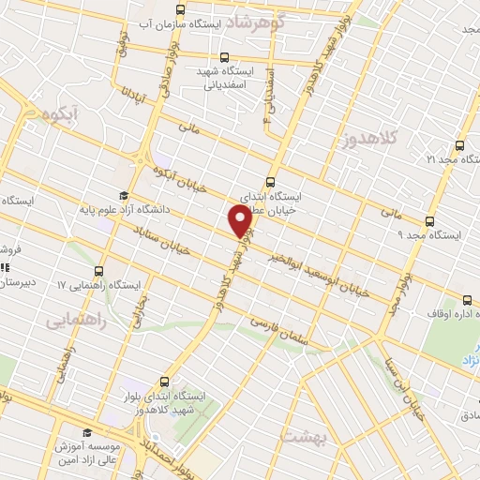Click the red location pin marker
[239, 220]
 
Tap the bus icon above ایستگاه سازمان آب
[181, 9]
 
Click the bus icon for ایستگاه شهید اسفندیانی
[223, 55]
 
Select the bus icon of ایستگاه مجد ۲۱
[458, 145]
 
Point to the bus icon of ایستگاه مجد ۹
[429, 222]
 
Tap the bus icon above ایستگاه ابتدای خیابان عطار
[271, 182]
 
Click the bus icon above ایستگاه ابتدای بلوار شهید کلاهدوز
[165, 381]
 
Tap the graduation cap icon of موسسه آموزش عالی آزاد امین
[87, 432]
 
